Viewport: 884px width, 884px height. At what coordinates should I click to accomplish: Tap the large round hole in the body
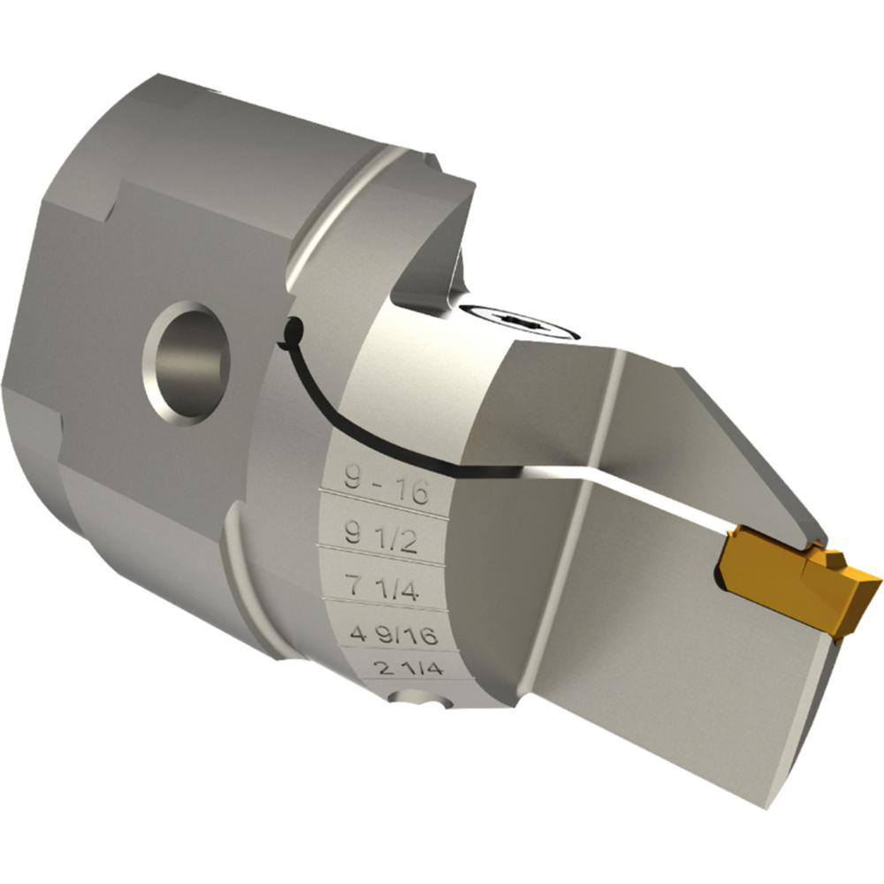pyautogui.click(x=187, y=362)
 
